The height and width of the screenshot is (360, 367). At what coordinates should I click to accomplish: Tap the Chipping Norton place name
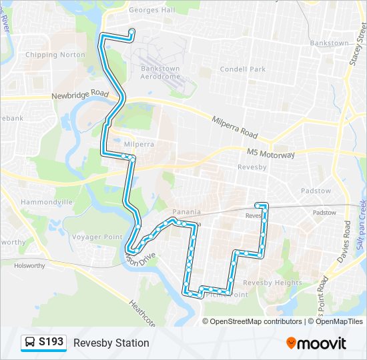[55, 55]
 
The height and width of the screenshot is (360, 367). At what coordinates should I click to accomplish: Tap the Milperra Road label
[234, 125]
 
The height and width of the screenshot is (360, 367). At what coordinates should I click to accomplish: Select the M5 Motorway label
[270, 154]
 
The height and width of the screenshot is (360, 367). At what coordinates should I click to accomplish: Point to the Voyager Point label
[97, 237]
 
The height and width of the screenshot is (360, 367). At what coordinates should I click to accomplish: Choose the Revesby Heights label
[279, 283]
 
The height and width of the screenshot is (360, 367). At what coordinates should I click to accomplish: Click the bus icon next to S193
[30, 343]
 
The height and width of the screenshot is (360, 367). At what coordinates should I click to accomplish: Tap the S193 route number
[51, 343]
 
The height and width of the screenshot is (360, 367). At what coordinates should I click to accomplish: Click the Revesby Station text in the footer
[111, 343]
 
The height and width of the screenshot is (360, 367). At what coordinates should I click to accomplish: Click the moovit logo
[316, 343]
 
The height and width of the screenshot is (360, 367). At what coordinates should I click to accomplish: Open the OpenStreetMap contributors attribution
[256, 321]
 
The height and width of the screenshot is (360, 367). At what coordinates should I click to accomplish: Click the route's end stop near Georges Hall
[131, 31]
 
